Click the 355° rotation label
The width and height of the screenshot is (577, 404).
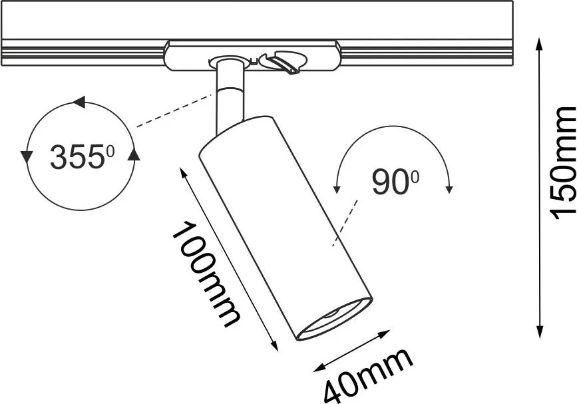click(x=82, y=157)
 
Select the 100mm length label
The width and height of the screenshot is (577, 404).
click(x=206, y=274)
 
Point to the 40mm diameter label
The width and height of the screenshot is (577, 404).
click(x=368, y=375)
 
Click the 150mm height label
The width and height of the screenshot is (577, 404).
click(x=562, y=163)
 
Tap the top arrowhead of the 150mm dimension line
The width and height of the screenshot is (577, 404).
click(x=540, y=44)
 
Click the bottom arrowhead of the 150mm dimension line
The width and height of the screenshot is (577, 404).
click(x=540, y=331)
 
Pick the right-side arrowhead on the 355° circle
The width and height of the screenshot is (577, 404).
click(x=134, y=154)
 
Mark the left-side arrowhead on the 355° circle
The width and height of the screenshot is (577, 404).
click(x=25, y=157)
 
